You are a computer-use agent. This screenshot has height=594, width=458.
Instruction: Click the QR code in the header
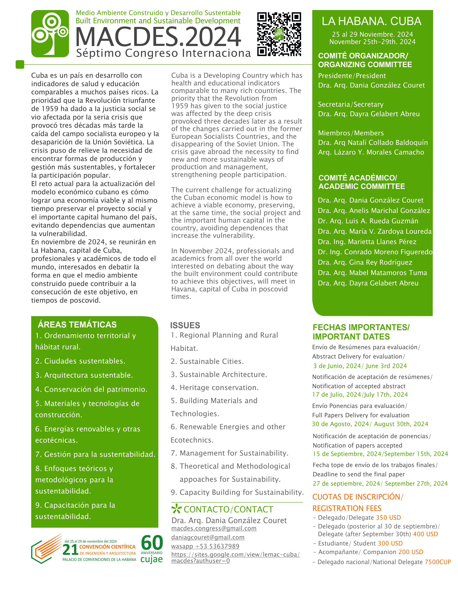[x=279, y=34]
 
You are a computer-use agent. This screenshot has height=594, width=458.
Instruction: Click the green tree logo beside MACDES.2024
[x=50, y=34]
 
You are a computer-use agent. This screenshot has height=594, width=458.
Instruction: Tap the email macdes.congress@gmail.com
[x=214, y=528]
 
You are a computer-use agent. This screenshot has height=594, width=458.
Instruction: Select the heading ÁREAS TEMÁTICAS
[x=77, y=324]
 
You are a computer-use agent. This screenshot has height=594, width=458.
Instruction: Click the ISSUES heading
[x=185, y=325]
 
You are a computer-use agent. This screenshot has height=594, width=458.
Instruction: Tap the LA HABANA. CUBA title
[x=371, y=21]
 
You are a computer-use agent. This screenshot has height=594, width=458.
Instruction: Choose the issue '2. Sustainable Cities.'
[x=207, y=361]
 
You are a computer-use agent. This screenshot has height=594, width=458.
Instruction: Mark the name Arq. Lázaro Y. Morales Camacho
[x=371, y=152]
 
